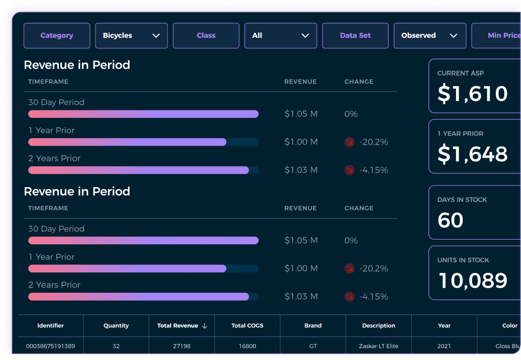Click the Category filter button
pos(57,36)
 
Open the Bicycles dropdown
pos(131,36)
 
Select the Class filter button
pos(206,36)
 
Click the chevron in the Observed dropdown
pos(454,36)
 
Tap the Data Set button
pos(355,36)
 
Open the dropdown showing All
pos(280,36)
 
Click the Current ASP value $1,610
pos(473,94)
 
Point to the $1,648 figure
pos(473,154)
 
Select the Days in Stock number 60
pos(451,220)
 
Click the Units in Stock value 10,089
pos(473,281)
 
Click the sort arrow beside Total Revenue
pos(205,326)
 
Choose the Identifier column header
pos(50,326)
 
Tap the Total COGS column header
pos(247,326)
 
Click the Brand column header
pos(313,326)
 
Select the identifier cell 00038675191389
pos(50,346)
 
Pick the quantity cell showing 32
pos(116,346)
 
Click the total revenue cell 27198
pos(182,346)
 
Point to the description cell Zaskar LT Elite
pos(379,346)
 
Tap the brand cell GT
pos(313,346)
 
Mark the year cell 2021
pos(444,346)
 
